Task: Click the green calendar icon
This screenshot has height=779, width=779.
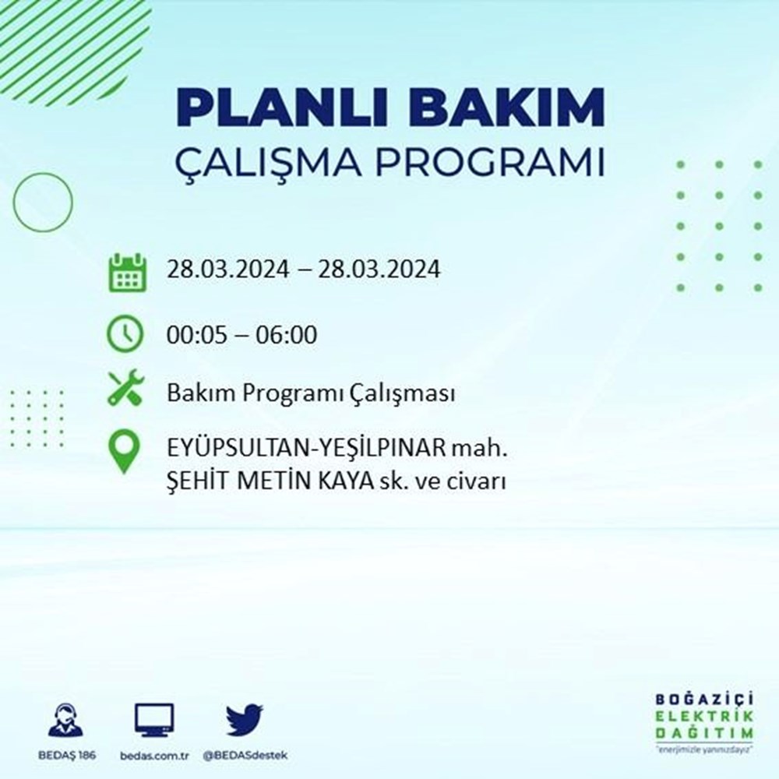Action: [x=125, y=271]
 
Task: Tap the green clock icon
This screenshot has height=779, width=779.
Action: [x=125, y=334]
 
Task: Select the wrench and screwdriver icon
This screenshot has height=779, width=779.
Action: [x=125, y=388]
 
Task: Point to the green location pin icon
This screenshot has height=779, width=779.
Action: [x=125, y=453]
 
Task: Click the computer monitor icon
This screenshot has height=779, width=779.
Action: [x=154, y=721]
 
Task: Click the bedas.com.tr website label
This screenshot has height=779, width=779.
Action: [x=154, y=756]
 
